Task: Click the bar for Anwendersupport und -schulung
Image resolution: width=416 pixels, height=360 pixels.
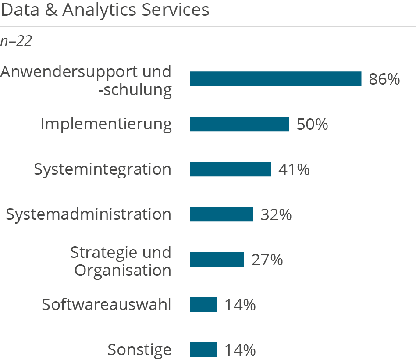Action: pos(275,79)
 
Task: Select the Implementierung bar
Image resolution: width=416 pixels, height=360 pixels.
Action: pos(239,124)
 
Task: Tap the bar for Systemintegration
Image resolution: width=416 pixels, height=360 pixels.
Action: pos(230,169)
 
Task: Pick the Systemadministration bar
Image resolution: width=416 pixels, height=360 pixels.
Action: pos(221,214)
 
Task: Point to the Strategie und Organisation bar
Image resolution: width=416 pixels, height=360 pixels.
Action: pos(217,260)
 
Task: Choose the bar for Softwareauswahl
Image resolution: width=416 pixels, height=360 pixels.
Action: pos(203,305)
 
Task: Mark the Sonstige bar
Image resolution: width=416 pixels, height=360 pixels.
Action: pos(203,350)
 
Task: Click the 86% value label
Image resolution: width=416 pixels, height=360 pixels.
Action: pos(384,79)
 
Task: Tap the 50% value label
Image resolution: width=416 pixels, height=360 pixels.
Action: pos(312,125)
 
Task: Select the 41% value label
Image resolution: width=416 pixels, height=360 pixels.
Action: pos(294,170)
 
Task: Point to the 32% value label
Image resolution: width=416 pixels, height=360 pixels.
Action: pos(276,215)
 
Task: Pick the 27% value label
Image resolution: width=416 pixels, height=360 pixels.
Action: pos(267,260)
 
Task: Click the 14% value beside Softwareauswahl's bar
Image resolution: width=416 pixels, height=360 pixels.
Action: pos(240,305)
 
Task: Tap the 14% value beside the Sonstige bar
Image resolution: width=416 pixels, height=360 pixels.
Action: pos(240,350)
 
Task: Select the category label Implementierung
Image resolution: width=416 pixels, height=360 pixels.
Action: pos(106,125)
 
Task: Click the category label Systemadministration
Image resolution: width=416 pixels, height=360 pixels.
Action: pos(88,214)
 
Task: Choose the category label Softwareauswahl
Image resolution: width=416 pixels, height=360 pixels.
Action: pos(106,305)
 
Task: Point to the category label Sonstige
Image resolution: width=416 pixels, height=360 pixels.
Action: pos(139,350)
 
